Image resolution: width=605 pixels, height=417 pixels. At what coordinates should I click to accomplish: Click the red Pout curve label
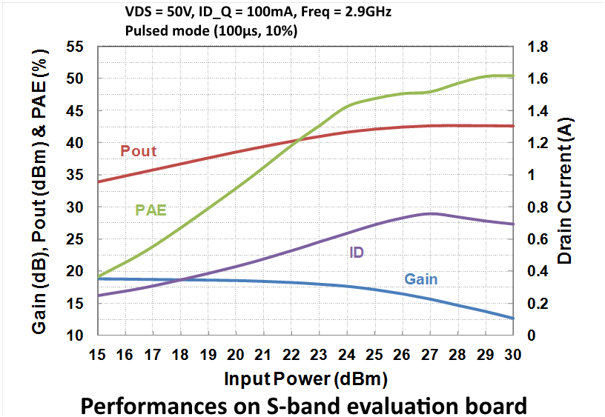click(x=138, y=151)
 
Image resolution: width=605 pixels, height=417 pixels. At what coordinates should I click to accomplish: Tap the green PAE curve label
click(x=151, y=210)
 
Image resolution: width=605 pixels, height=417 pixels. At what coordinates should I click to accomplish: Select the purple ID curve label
click(x=357, y=253)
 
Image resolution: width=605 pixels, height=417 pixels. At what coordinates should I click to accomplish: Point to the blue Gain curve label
click(x=420, y=279)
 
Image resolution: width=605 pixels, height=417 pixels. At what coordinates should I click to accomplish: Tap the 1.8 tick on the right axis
click(x=538, y=47)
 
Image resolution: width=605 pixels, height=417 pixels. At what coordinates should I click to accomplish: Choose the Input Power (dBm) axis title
click(x=305, y=380)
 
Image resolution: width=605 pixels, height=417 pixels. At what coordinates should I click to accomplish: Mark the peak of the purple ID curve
click(x=430, y=213)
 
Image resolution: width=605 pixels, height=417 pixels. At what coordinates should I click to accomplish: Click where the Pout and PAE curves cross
click(x=298, y=140)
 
